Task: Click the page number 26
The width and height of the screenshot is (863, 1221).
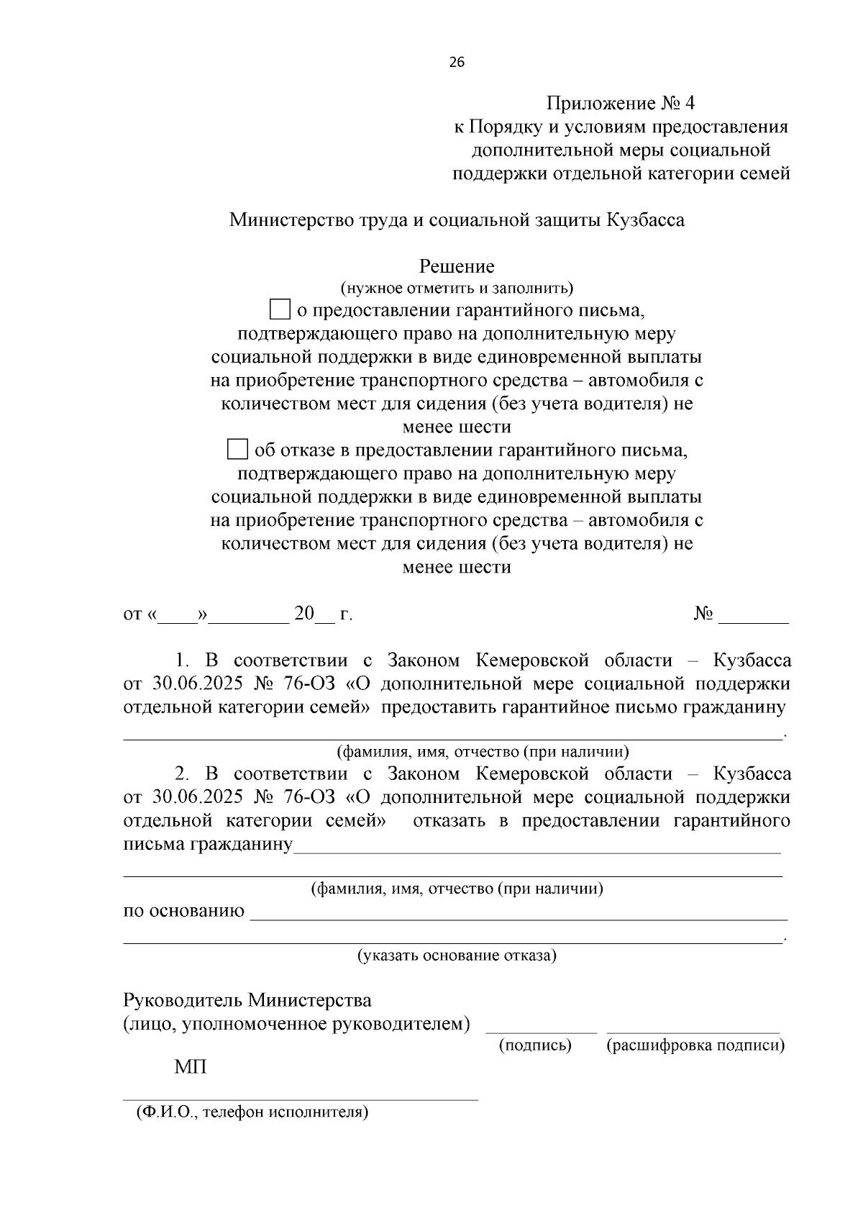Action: [457, 62]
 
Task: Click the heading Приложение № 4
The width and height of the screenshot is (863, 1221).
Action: [620, 104]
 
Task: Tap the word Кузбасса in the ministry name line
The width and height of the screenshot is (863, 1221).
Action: [645, 220]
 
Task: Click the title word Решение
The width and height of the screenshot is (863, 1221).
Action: [457, 267]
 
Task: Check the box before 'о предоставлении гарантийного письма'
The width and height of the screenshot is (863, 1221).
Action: [279, 310]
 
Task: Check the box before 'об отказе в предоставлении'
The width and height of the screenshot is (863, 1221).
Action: [237, 450]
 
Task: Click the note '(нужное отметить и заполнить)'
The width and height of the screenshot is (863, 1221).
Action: [457, 289]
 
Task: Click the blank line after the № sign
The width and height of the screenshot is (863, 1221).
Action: [753, 619]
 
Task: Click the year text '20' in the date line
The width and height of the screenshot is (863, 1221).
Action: [304, 614]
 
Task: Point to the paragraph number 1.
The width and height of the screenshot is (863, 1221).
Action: [182, 661]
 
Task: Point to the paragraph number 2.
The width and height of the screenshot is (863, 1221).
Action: [182, 774]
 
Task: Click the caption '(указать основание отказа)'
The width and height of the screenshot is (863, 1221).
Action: [457, 956]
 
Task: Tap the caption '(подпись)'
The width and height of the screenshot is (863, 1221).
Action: [535, 1045]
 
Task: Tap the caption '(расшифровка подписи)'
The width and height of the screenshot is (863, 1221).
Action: [695, 1045]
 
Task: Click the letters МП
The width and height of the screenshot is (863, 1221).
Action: [191, 1067]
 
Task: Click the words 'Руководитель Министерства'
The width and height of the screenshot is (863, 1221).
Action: [247, 1001]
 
